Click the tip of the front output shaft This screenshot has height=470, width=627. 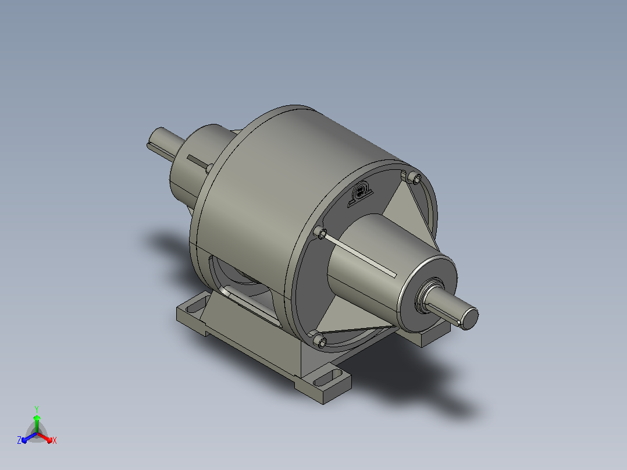(470, 318)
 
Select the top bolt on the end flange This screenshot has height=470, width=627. (416, 179)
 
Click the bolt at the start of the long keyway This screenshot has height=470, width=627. (322, 233)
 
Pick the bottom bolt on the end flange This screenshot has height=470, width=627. (320, 341)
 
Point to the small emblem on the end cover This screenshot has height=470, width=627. (360, 193)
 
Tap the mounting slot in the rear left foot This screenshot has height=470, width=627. (195, 307)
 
